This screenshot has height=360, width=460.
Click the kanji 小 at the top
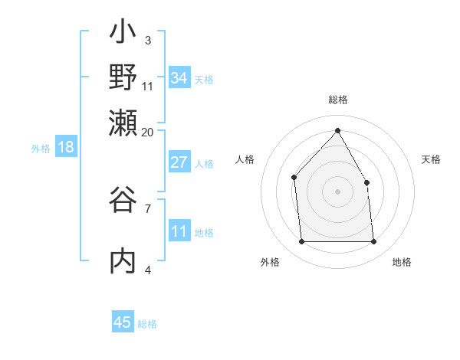pos(123,34)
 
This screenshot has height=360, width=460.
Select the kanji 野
pos(123,77)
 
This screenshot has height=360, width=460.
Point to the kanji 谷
pos(123,201)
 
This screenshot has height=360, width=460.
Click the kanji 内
pos(123,260)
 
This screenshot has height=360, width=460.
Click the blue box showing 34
pos(179,78)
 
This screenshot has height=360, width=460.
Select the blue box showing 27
pos(179,162)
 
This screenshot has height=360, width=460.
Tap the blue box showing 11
pos(179,231)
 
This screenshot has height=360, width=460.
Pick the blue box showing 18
pos(65,147)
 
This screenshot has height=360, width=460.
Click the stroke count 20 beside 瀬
pos(148,132)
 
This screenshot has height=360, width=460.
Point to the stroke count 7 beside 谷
pos(148,208)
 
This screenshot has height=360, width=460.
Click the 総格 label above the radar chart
pos(337,100)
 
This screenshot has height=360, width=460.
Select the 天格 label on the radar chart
pos(431,159)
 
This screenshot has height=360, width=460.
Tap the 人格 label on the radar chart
pos(245,159)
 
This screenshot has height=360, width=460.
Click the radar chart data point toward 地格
pos(374,242)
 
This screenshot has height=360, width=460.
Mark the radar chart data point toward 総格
pos(337,130)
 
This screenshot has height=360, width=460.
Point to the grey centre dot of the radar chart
pos(337,191)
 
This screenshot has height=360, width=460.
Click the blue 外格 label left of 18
pos(40,149)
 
